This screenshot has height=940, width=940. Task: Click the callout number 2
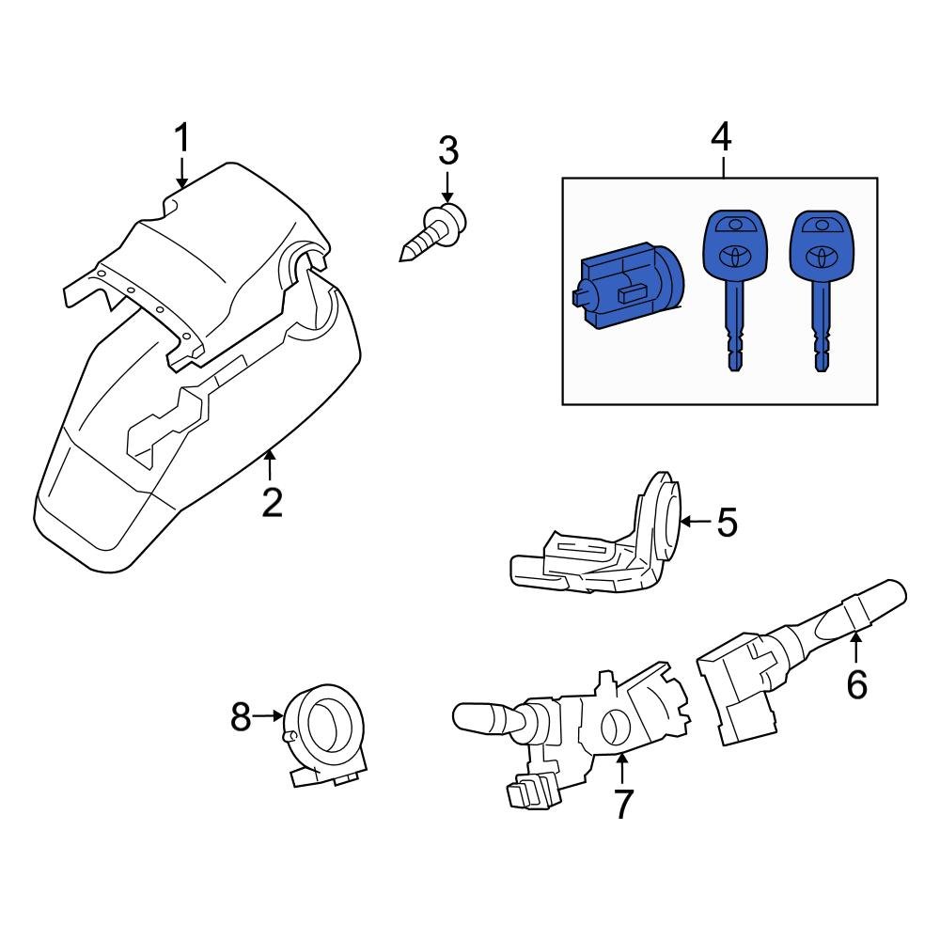click(x=272, y=503)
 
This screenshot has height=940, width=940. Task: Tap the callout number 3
click(x=447, y=149)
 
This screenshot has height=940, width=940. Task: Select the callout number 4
click(x=721, y=137)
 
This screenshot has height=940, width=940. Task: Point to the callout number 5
click(x=727, y=522)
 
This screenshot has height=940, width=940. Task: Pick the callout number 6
click(x=856, y=683)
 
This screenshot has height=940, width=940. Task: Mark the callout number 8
click(x=241, y=717)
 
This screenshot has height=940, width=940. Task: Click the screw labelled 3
click(x=433, y=231)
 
